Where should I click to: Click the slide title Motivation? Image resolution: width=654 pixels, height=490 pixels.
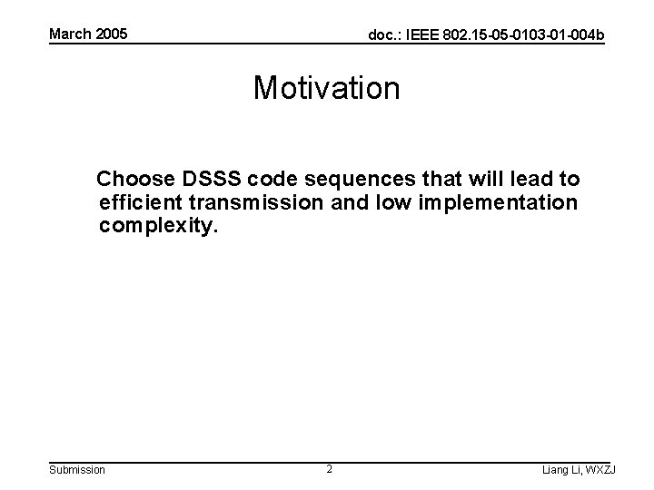pyautogui.click(x=326, y=88)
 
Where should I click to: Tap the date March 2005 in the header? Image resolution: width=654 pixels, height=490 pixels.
pyautogui.click(x=88, y=34)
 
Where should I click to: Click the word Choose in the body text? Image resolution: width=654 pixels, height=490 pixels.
pyautogui.click(x=134, y=178)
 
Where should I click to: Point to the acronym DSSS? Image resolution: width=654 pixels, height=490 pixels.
pyautogui.click(x=212, y=178)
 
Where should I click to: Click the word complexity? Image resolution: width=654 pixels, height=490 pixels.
pyautogui.click(x=159, y=226)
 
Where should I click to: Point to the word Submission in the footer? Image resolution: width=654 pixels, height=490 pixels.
pyautogui.click(x=76, y=469)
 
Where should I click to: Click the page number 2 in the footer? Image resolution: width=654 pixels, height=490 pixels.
pyautogui.click(x=329, y=469)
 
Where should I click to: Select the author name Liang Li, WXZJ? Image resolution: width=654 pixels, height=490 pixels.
pyautogui.click(x=577, y=469)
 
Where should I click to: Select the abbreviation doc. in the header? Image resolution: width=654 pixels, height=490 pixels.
pyautogui.click(x=380, y=35)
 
